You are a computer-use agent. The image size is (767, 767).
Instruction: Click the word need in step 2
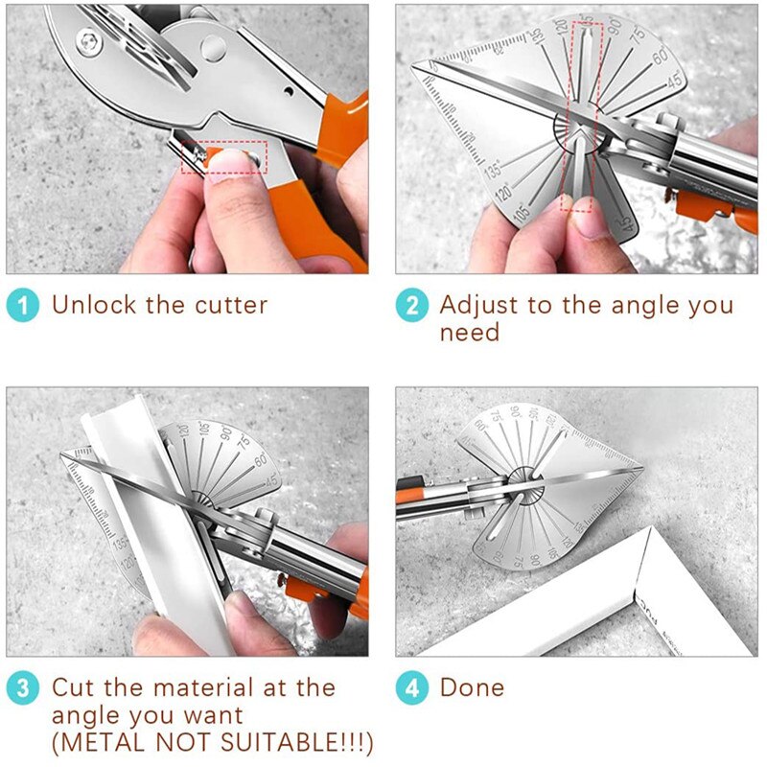pos(470,333)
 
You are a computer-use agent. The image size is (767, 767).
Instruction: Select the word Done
pos(472,687)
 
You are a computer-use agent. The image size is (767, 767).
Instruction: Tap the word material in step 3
pos(217,687)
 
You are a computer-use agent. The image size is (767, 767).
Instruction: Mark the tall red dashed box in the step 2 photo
pos(582,115)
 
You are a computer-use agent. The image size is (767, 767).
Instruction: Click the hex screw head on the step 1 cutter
pos(89,40)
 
